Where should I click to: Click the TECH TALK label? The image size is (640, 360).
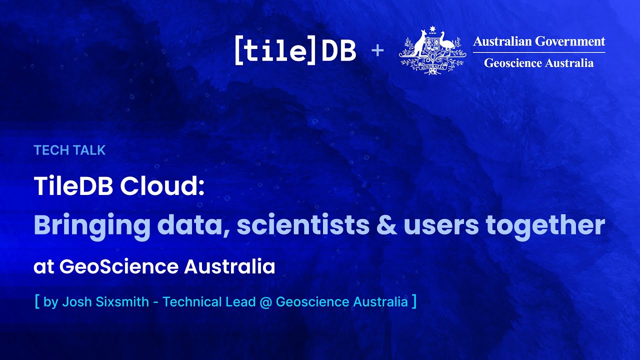point(69,150)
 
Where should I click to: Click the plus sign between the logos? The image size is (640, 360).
point(377,50)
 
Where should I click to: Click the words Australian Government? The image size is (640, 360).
point(539,41)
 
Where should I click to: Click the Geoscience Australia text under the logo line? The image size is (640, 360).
point(539,63)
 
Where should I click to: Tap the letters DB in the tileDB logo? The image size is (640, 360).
point(338,51)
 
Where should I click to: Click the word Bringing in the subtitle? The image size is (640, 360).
point(91,226)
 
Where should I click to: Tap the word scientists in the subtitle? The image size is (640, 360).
point(303,226)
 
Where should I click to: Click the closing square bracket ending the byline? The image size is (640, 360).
point(413,302)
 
